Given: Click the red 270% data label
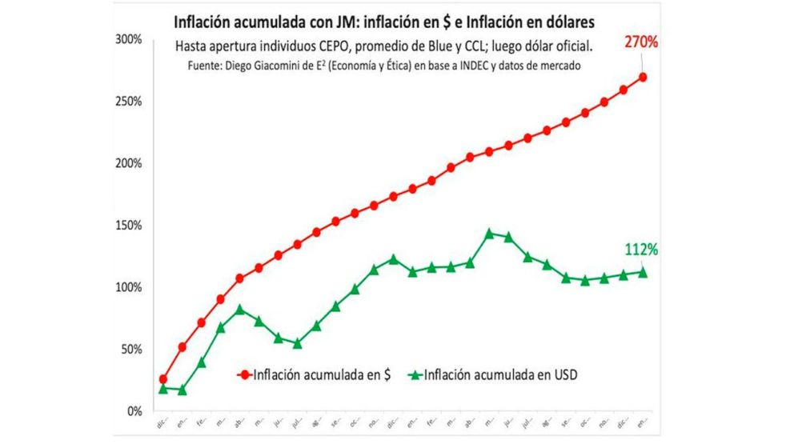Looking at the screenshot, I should [x=641, y=41].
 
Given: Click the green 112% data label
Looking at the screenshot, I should [x=641, y=250].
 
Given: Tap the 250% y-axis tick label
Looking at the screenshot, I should [x=126, y=102].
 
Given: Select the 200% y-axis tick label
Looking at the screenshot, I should [x=126, y=163].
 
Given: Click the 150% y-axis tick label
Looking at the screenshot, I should [x=126, y=226].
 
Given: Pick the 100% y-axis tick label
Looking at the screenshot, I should [x=126, y=287].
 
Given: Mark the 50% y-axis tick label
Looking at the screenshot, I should [x=130, y=350].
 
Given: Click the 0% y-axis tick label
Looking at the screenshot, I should [x=133, y=411].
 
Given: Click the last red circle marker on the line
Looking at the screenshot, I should [x=643, y=77].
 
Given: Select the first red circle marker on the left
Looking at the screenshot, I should [x=163, y=379].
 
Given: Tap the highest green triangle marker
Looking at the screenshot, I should [x=489, y=233].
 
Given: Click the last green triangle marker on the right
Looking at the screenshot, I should [x=643, y=272].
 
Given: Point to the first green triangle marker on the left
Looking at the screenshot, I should [x=163, y=388].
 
